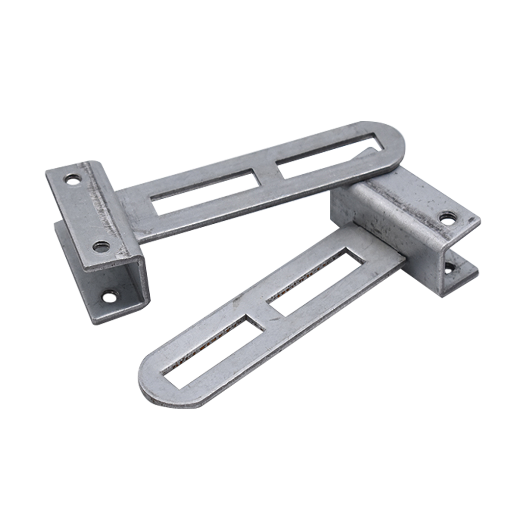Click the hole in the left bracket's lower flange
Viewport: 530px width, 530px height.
pyautogui.click(x=109, y=296)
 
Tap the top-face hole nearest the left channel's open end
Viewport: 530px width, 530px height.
pyautogui.click(x=102, y=246)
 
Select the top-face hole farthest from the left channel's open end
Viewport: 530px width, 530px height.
pyautogui.click(x=73, y=180)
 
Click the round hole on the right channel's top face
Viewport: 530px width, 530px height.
pyautogui.click(x=447, y=218)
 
